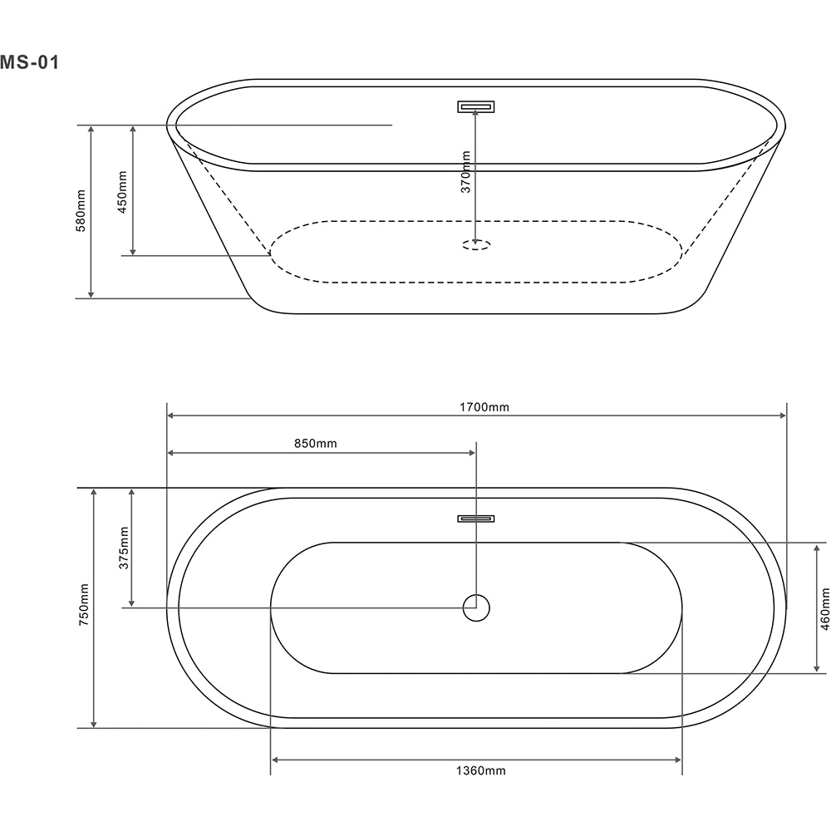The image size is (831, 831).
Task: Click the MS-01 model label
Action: coord(30,62)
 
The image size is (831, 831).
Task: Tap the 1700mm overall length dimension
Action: coord(483,407)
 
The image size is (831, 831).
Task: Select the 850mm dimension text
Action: coord(316,444)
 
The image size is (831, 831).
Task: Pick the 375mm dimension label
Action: coord(123,547)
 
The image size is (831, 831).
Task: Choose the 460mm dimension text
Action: coord(824,608)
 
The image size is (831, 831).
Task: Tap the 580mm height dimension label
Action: coord(81,210)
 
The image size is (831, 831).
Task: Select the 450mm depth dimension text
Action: coord(122,193)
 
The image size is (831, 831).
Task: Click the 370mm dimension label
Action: coord(466,172)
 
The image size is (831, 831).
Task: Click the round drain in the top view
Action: coord(476,608)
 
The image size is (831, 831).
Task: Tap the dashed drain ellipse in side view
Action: coord(476,245)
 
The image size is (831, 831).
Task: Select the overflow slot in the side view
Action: coord(475,106)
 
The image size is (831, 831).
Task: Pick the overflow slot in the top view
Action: coord(475,519)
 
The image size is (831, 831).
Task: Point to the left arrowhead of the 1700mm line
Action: coord(171,415)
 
